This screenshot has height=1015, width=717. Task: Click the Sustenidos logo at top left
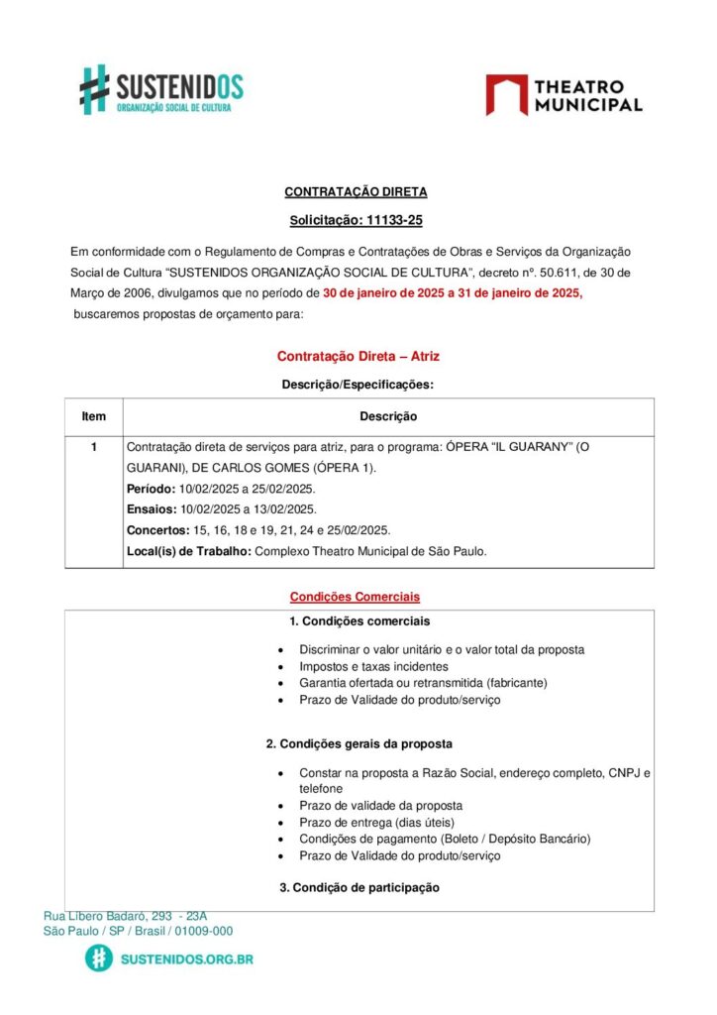pyautogui.click(x=161, y=89)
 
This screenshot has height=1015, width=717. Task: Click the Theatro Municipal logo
pyautogui.click(x=563, y=95)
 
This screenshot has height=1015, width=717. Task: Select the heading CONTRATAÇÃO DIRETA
pyautogui.click(x=356, y=192)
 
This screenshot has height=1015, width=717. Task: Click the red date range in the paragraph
pyautogui.click(x=453, y=293)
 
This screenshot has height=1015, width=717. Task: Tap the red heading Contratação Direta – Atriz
pyautogui.click(x=358, y=356)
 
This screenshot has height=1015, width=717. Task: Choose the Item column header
pyautogui.click(x=94, y=417)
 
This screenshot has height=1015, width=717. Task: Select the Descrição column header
pyautogui.click(x=387, y=417)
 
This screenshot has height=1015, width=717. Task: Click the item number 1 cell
pyautogui.click(x=94, y=447)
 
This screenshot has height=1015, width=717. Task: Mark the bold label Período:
pyautogui.click(x=152, y=489)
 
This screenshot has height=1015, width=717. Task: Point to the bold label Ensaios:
pyautogui.click(x=152, y=509)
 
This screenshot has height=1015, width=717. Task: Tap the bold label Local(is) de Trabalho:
pyautogui.click(x=189, y=551)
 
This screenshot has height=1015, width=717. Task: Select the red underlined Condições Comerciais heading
pyautogui.click(x=355, y=597)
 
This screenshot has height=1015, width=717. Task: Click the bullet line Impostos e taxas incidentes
pyautogui.click(x=373, y=667)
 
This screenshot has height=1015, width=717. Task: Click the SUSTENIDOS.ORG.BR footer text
pyautogui.click(x=186, y=959)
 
